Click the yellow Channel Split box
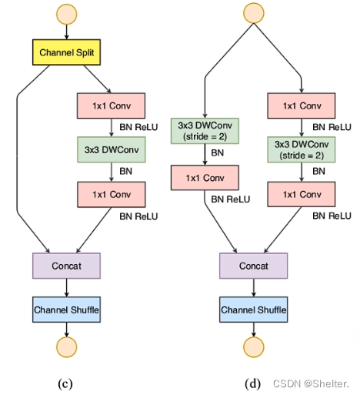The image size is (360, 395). click(66, 53)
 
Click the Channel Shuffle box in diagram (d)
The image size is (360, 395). click(254, 310)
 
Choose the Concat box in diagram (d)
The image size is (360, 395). click(254, 266)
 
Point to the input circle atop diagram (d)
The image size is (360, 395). click(254, 13)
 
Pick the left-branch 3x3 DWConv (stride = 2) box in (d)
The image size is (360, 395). click(204, 129)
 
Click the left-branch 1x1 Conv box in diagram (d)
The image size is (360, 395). click(204, 179)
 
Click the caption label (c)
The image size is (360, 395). click(68, 383)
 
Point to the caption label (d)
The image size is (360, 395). click(254, 383)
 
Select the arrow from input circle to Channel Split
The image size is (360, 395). click(66, 33)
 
